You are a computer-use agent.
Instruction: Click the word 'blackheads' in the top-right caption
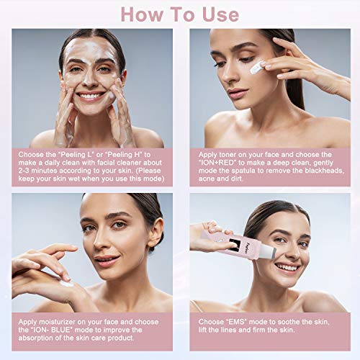(x=320, y=171)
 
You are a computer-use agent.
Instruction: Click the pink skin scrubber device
(x=223, y=245)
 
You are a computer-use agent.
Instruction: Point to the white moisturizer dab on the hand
(x=66, y=282)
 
